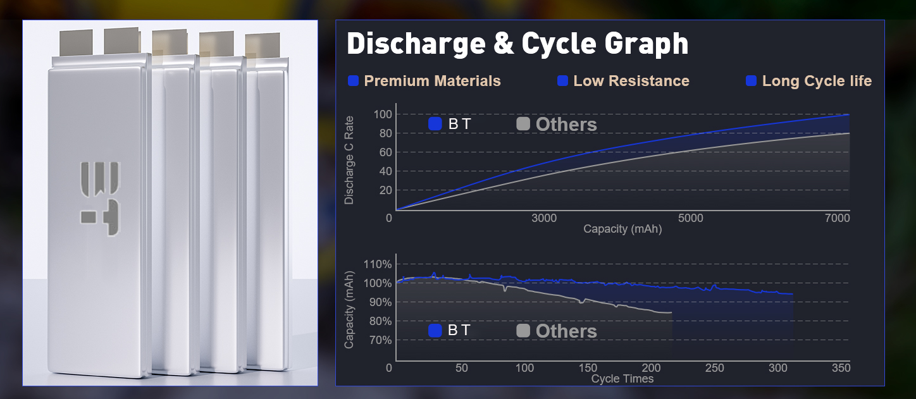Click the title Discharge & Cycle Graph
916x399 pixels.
(517, 44)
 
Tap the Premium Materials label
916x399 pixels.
(432, 81)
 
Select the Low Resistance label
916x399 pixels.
(631, 81)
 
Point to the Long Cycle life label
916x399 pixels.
(817, 81)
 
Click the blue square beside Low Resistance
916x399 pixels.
(562, 81)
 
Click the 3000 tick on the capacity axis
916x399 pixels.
(544, 218)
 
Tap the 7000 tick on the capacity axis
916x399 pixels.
(837, 218)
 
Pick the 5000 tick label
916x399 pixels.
(691, 218)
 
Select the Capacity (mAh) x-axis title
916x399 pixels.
(622, 229)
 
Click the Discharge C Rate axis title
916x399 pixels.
(349, 161)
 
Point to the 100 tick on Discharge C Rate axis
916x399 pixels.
(382, 114)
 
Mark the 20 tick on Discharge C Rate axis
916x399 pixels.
(385, 190)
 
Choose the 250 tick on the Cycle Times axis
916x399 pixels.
(714, 369)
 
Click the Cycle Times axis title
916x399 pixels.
(622, 379)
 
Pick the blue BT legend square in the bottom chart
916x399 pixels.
(435, 331)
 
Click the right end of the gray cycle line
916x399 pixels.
(671, 312)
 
